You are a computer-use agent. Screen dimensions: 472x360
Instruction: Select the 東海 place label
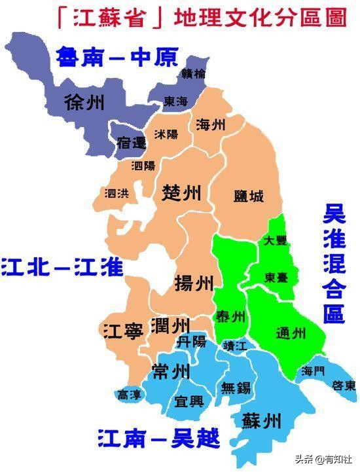tap(176, 101)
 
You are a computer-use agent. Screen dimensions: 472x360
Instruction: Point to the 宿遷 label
tap(132, 141)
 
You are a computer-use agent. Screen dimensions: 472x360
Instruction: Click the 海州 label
tap(211, 124)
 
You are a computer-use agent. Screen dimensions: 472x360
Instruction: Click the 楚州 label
tap(181, 192)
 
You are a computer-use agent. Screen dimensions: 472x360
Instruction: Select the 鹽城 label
tap(249, 195)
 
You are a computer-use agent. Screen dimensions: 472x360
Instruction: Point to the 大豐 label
tap(275, 240)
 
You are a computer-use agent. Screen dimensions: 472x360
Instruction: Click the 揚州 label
tap(194, 283)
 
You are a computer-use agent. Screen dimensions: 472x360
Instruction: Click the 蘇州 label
tap(261, 419)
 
